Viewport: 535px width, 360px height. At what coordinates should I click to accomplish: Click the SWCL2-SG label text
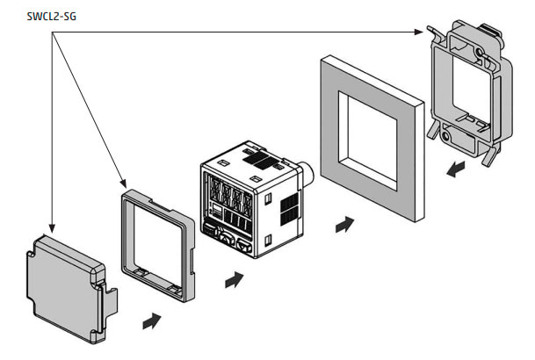pos(52,17)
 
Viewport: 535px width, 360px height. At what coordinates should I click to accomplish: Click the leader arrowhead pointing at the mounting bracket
pos(419,32)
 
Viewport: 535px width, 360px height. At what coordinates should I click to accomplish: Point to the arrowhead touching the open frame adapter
pos(124,184)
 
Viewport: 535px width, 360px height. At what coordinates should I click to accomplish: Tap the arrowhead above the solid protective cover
pos(52,228)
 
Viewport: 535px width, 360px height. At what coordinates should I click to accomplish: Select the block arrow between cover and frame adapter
pos(151,320)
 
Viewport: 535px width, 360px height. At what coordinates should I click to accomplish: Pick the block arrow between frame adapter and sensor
pos(234,280)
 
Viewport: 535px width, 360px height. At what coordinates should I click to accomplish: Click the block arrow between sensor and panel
pos(344,224)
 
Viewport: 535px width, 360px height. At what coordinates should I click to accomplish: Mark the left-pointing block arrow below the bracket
pos(456,169)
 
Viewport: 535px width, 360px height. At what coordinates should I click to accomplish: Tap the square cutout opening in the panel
pos(368,140)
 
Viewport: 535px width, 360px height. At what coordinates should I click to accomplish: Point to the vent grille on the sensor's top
pos(261,160)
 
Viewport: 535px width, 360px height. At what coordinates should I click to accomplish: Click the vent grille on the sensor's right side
pos(289,209)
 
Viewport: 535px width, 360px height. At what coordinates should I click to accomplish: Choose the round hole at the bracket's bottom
pos(446,136)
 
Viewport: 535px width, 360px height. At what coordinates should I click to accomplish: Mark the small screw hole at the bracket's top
pos(480,52)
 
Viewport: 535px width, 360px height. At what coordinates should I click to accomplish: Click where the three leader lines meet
pos(52,32)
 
